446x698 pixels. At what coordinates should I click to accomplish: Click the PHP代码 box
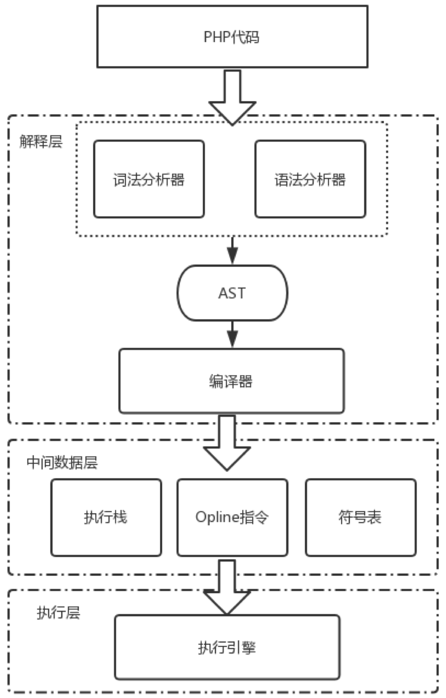coord(232,37)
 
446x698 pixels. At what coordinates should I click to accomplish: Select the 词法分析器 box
coord(149,179)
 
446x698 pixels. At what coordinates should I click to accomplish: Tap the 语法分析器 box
coord(310,179)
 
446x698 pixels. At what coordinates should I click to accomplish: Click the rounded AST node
coord(232,293)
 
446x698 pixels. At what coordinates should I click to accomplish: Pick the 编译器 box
coord(232,381)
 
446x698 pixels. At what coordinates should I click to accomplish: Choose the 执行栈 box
coord(106,517)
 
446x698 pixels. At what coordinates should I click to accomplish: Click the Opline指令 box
coord(232,517)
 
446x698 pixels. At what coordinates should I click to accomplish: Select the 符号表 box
coord(361,517)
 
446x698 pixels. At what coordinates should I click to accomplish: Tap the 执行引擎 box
coord(227,647)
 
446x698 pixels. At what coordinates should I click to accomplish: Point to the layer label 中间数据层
coord(62,463)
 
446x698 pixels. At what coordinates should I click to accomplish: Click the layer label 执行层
coord(58,613)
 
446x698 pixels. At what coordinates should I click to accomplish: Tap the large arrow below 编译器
coord(227,442)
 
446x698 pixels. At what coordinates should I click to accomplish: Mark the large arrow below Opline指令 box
coord(227,585)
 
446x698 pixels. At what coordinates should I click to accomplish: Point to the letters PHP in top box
coord(216,37)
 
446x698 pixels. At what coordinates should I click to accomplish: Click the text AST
coord(232,293)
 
